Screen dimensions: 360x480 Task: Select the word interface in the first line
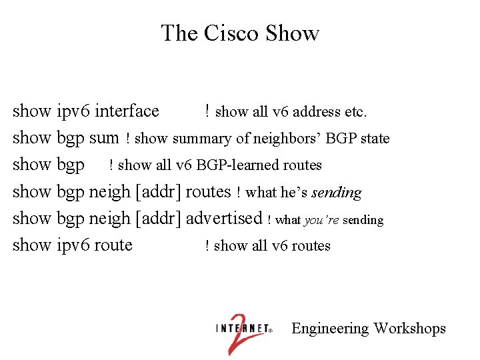click(x=128, y=111)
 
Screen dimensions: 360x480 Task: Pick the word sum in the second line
click(x=103, y=138)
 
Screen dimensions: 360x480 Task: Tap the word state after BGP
click(x=375, y=139)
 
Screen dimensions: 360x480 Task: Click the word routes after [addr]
click(x=208, y=191)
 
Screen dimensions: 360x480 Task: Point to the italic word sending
click(x=337, y=193)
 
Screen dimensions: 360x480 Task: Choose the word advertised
click(x=225, y=218)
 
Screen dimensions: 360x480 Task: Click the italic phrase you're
click(x=321, y=219)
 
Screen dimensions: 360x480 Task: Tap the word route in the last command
click(x=113, y=245)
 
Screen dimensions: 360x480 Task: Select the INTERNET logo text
click(x=243, y=328)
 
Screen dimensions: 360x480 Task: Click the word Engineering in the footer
click(x=330, y=329)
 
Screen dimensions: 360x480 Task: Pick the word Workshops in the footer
click(x=409, y=329)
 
